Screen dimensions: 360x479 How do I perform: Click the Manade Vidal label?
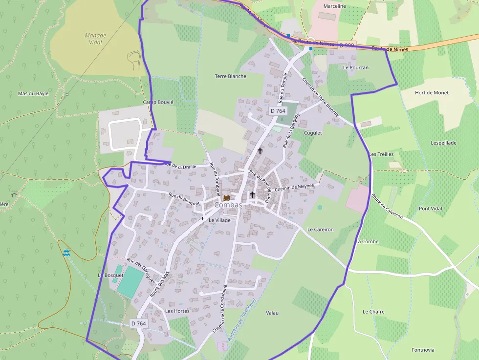(95, 39)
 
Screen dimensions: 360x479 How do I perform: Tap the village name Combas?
(228, 206)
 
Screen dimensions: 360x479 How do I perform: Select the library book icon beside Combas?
(226, 198)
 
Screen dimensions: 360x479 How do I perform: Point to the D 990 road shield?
(347, 45)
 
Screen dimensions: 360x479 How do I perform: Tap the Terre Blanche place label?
(231, 76)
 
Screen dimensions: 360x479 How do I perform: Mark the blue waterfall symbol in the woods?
(66, 253)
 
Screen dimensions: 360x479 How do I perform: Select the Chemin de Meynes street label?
(294, 187)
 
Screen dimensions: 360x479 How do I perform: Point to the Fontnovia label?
(423, 350)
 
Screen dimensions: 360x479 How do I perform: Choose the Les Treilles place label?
(382, 154)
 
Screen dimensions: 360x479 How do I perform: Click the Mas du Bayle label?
(33, 93)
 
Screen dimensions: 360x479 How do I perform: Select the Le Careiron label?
(321, 229)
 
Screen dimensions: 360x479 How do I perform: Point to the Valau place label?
(272, 313)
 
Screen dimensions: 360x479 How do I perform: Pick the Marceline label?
(335, 6)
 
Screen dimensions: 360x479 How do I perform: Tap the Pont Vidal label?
(430, 209)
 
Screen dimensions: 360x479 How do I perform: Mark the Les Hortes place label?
(177, 311)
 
